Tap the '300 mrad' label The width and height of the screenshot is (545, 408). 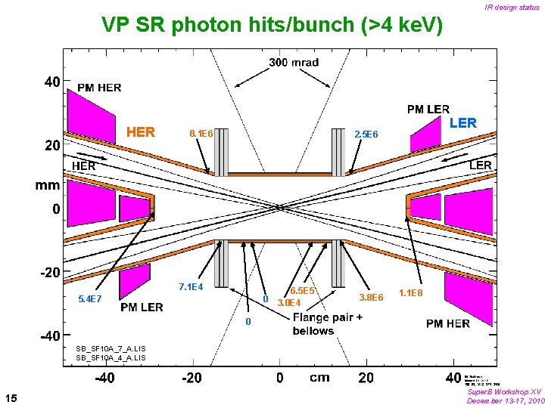click(x=294, y=62)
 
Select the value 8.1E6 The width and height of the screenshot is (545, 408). click(x=201, y=134)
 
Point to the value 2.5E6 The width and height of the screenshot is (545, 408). click(x=366, y=134)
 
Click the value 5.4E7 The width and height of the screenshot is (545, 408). click(x=90, y=299)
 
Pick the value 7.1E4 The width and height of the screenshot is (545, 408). click(x=191, y=286)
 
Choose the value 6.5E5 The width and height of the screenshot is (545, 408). click(x=302, y=290)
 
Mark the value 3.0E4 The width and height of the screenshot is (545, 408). click(x=288, y=303)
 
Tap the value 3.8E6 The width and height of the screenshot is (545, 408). click(x=372, y=297)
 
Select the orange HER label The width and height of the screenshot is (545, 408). click(x=142, y=132)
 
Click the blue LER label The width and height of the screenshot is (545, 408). click(x=462, y=122)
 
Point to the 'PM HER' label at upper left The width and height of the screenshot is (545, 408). click(x=98, y=88)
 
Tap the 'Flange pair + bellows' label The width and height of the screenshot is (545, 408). click(x=327, y=324)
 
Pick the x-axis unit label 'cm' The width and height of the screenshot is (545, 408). click(x=319, y=377)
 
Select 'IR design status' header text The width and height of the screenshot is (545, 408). click(x=512, y=8)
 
